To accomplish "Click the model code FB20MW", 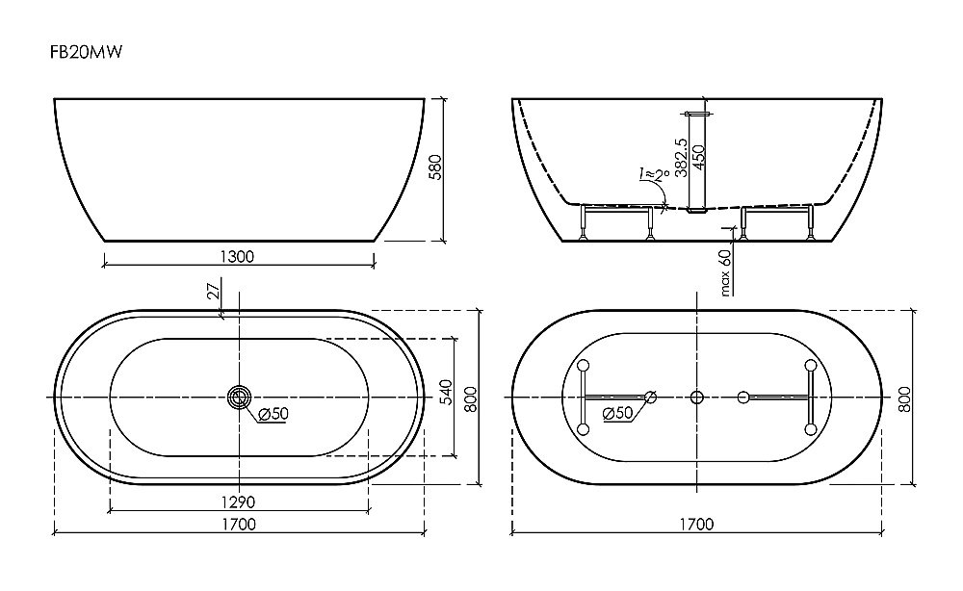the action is [86, 52].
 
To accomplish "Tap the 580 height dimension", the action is [435, 167].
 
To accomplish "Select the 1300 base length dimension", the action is [237, 257].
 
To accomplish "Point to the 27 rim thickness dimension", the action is [215, 291].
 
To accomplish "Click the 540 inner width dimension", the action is [446, 392].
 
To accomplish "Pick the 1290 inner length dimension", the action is [238, 502].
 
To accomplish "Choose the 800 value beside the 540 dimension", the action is [471, 398].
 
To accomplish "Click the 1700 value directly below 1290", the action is [239, 525].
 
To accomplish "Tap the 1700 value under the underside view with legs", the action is [696, 525].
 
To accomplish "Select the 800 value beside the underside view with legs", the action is [905, 398].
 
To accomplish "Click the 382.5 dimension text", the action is [681, 157].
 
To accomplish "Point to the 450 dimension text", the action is [698, 158].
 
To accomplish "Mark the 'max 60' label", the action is [725, 272].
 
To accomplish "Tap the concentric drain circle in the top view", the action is [239, 397].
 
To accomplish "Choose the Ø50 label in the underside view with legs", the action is [618, 413].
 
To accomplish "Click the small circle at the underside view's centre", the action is [696, 398].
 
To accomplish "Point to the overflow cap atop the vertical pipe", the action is [696, 115].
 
